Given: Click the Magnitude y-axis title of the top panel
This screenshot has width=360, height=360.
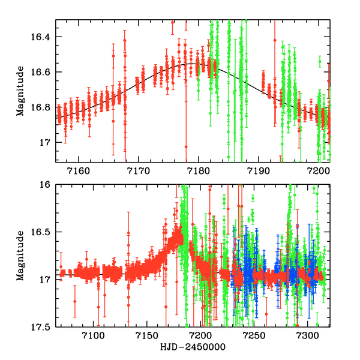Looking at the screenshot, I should click(20, 91).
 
